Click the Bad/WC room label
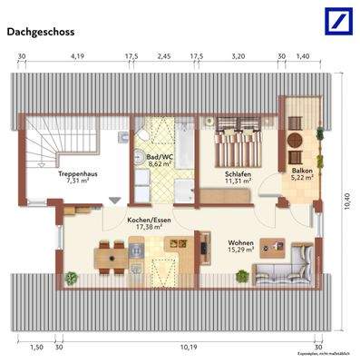pos(161,162)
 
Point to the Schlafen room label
pos(238,176)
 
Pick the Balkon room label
pos(302,174)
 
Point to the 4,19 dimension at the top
pos(77,56)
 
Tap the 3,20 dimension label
pos(238,56)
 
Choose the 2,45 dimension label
pos(164,56)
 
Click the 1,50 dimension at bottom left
pos(36,347)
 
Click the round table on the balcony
pos(297,140)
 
